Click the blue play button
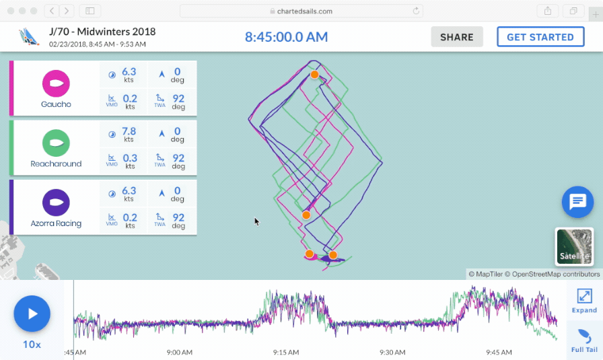click(32, 314)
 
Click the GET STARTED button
click(540, 37)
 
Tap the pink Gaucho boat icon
click(56, 84)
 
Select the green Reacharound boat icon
click(56, 143)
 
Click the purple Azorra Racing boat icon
click(56, 203)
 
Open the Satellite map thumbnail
click(574, 247)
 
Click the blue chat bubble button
click(577, 202)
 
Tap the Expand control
click(584, 300)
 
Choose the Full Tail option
click(584, 340)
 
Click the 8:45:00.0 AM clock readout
click(286, 37)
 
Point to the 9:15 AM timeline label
click(286, 352)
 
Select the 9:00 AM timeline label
click(179, 352)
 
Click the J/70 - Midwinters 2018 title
click(102, 32)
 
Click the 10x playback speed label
click(32, 345)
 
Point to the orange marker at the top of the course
click(314, 75)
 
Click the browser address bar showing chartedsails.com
click(301, 11)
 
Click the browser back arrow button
click(52, 11)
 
